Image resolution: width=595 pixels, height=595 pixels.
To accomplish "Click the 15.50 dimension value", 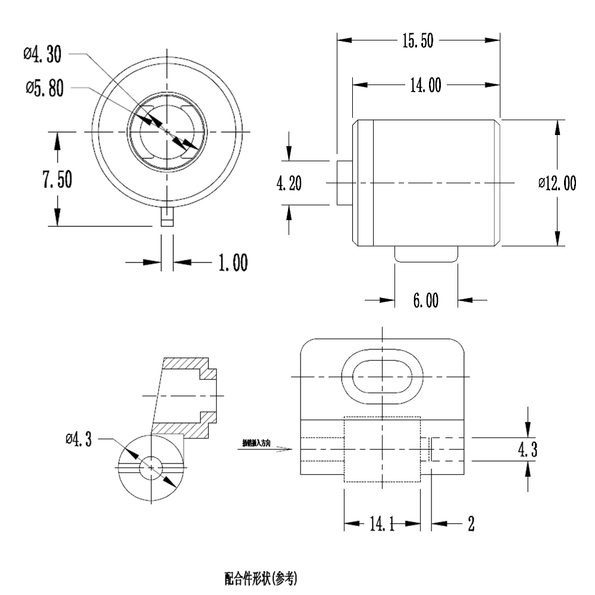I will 418,40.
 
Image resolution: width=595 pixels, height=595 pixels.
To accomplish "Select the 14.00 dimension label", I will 425,86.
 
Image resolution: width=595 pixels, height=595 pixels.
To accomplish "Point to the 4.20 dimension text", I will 289,183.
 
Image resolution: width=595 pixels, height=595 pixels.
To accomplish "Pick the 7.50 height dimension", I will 57,180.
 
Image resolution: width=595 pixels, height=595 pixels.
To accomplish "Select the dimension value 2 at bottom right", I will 471,524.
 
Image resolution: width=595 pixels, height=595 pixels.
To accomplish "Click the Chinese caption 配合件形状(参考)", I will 261,578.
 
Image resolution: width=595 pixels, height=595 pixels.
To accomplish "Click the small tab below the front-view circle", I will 167,217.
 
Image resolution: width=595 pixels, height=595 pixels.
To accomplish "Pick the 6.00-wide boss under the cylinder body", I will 427,254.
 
